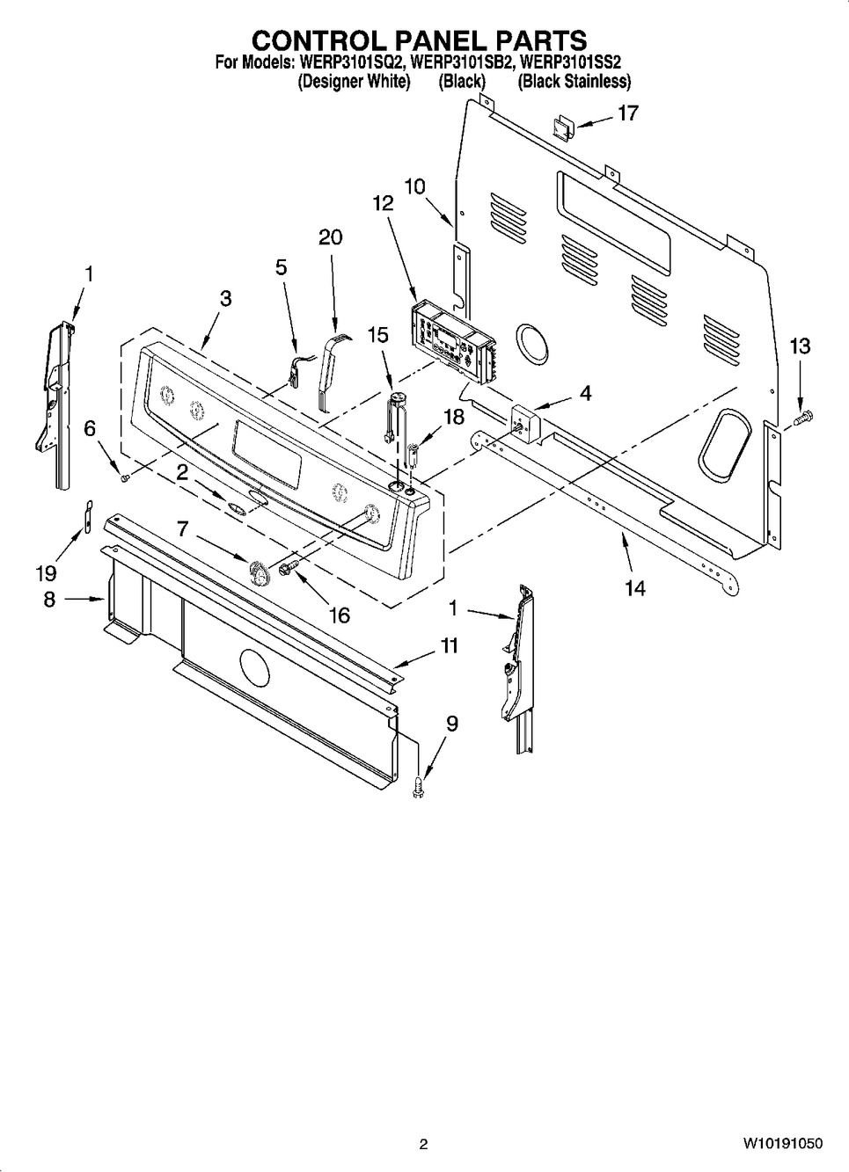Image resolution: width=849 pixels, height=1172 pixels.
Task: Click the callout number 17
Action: (627, 113)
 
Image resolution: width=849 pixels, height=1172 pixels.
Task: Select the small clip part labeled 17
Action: (561, 127)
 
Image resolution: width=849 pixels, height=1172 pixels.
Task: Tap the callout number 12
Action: (382, 203)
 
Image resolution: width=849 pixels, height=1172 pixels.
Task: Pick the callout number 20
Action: (331, 237)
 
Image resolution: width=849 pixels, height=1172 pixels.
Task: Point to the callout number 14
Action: (634, 588)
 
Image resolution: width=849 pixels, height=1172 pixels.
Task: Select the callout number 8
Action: (49, 599)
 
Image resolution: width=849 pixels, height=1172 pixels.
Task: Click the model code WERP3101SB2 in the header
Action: (460, 63)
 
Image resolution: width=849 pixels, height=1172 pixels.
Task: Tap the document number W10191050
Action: (783, 1144)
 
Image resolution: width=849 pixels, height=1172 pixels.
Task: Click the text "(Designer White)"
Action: (354, 82)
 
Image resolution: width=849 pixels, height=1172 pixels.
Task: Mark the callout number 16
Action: (339, 615)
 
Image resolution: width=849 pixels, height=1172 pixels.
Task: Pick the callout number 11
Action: (449, 646)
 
